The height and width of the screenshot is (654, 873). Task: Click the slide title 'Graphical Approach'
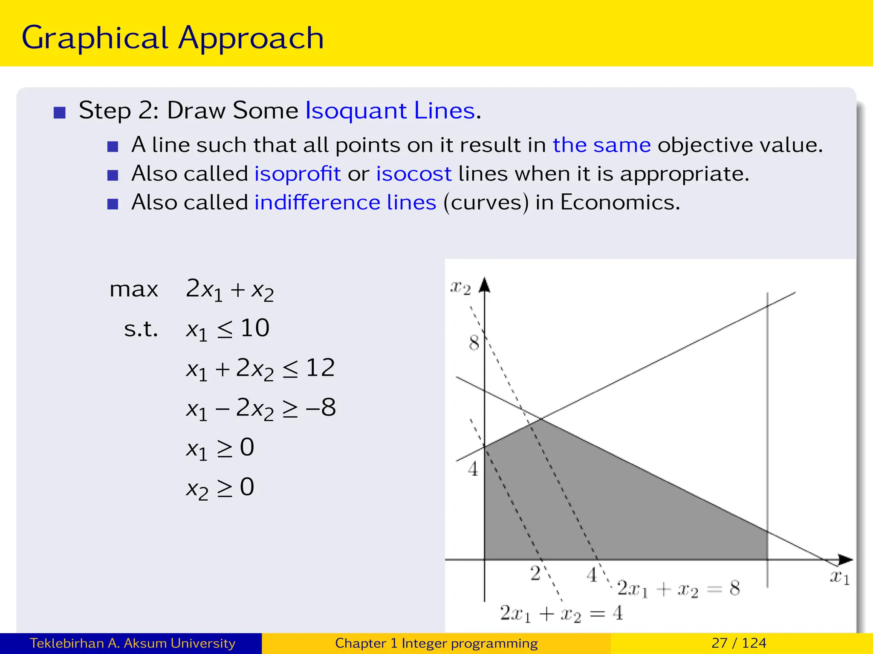pos(173,38)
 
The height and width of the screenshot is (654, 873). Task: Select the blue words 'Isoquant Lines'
pos(390,111)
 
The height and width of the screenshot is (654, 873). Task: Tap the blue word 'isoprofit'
pos(298,174)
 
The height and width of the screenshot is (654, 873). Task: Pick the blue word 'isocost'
pos(413,174)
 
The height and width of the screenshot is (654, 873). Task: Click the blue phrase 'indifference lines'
pos(345,202)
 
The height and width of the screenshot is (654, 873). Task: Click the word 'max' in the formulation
pos(134,290)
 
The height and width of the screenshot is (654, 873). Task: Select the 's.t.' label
pos(141,329)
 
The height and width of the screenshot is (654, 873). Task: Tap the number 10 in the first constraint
pos(255,328)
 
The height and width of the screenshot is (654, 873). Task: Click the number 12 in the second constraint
pos(320,368)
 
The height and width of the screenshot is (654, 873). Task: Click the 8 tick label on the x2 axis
pos(474,343)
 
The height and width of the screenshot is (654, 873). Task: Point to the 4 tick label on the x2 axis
pos(473,469)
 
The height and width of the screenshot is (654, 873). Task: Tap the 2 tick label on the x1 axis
pos(535,574)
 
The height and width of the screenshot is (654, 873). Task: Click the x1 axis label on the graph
pos(839,578)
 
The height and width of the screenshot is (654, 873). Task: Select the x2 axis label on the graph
pos(460,289)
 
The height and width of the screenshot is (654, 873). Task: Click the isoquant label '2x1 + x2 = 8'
pos(678,589)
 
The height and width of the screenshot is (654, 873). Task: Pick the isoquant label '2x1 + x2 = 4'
pos(561,614)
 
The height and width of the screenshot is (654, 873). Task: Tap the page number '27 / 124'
pos(739,643)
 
